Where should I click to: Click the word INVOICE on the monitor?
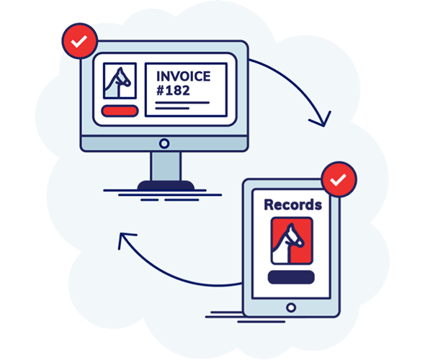pos(183,76)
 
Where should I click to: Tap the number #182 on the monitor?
pos(173,91)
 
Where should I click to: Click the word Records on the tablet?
pos(293,204)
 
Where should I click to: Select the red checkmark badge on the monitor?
pos(79,41)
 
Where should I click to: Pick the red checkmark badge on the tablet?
pos(339,179)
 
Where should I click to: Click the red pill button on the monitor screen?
pos(120,111)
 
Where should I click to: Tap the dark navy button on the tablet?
pos(291,277)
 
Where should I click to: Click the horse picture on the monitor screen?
pos(120,81)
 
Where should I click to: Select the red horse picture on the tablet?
pos(292,240)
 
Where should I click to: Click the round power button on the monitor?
pos(164,143)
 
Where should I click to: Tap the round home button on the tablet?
pos(291,307)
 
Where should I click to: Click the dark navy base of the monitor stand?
pos(166,186)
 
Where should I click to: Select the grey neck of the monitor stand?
pos(166,166)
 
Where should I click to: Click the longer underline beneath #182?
pos(182,103)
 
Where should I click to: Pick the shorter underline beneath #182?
pos(172,108)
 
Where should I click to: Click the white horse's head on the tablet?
pos(294,236)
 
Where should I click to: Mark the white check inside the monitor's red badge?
pos(79,42)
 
